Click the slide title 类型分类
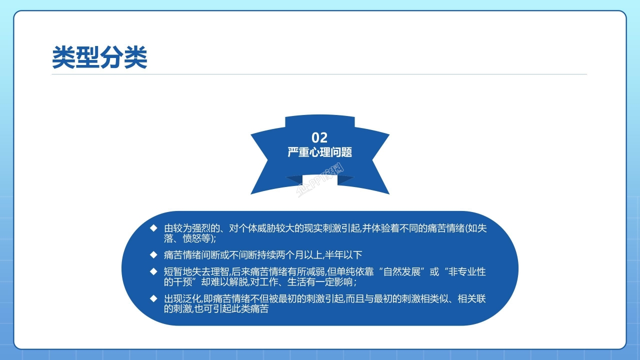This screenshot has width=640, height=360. pyautogui.click(x=99, y=57)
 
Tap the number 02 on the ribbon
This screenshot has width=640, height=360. pyautogui.click(x=319, y=137)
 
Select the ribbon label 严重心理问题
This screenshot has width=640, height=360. pyautogui.click(x=319, y=152)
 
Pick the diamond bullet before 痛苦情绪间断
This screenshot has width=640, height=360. pyautogui.click(x=153, y=254)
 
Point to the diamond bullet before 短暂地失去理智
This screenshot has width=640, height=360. pyautogui.click(x=153, y=272)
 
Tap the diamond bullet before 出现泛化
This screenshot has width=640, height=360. pyautogui.click(x=153, y=298)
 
